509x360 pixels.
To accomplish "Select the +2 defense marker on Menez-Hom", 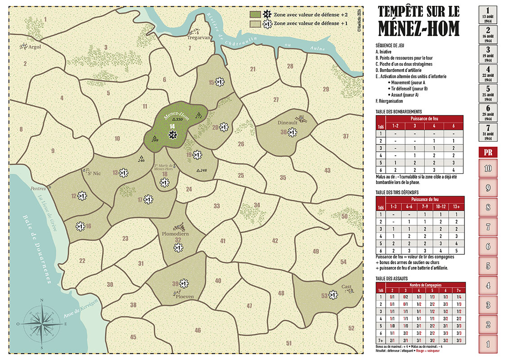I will [x=172, y=135].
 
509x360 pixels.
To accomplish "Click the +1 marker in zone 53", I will [x=333, y=295].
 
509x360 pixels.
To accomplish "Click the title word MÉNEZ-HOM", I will [x=419, y=28].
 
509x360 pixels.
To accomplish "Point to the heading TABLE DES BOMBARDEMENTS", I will [x=398, y=112].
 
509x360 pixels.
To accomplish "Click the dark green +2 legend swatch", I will [x=255, y=14].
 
